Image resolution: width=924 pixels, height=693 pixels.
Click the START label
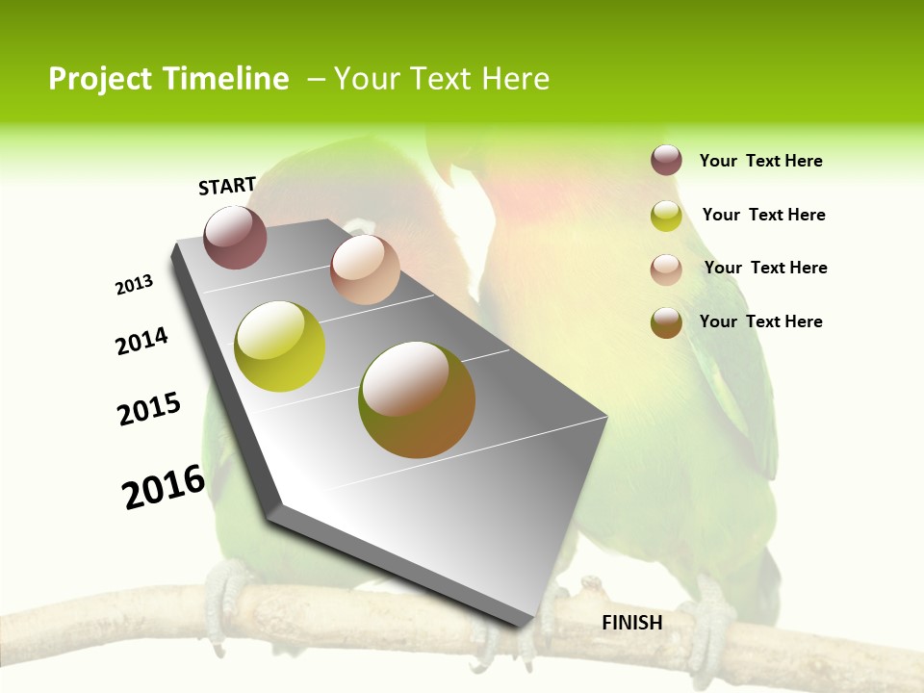click(x=227, y=186)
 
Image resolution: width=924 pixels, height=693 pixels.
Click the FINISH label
click(x=632, y=623)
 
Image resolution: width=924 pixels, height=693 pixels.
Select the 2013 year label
click(x=134, y=285)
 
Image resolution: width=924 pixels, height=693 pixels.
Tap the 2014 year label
click(x=142, y=341)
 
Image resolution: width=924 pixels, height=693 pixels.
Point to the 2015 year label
click(x=149, y=409)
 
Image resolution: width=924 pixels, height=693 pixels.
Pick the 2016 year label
click(x=165, y=487)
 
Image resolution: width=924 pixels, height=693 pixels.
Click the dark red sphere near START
click(x=235, y=237)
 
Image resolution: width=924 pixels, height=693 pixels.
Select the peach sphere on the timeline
click(x=365, y=269)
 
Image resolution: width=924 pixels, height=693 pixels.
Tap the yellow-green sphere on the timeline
click(x=279, y=346)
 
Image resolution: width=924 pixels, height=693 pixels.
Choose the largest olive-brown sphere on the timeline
click(x=417, y=399)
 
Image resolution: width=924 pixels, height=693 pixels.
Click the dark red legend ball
click(x=666, y=160)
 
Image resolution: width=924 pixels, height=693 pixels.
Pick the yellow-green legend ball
click(x=666, y=216)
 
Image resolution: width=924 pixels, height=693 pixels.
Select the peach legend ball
click(x=666, y=269)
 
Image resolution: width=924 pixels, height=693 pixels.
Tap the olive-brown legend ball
click(x=666, y=322)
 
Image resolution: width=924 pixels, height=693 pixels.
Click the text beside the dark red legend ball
click(x=760, y=161)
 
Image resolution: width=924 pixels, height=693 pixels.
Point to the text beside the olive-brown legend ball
click(x=760, y=321)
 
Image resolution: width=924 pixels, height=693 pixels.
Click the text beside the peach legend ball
click(x=765, y=268)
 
